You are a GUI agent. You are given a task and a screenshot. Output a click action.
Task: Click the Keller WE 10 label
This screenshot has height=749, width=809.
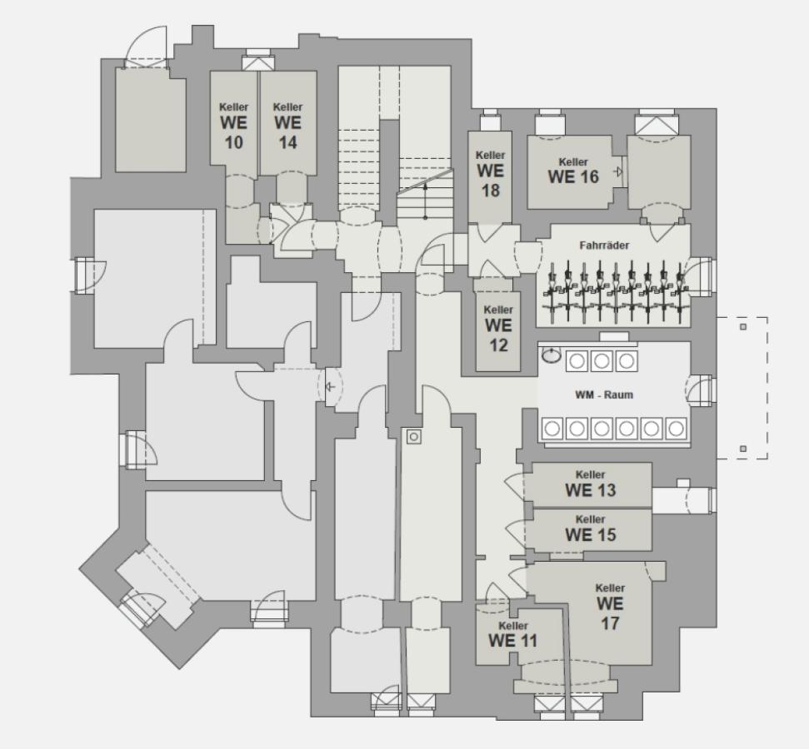(x=234, y=126)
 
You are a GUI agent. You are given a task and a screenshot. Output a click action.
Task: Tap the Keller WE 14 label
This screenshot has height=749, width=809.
(x=288, y=126)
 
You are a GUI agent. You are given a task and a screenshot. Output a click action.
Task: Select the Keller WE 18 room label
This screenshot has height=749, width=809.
(x=491, y=174)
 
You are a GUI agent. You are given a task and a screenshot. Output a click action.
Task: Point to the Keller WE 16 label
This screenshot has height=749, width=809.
(x=573, y=171)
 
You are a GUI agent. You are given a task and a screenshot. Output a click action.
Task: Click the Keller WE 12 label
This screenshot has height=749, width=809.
(x=498, y=329)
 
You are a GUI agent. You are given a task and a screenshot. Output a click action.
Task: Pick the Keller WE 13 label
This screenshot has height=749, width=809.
(x=590, y=484)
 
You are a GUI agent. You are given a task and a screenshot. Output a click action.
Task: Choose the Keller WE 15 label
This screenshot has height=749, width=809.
(x=590, y=529)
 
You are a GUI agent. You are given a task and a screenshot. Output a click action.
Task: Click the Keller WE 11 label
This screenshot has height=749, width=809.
(x=513, y=635)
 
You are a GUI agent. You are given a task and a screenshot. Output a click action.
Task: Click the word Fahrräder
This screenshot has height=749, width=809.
(x=604, y=246)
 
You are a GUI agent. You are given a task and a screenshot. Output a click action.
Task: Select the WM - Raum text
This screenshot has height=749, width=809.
(x=604, y=394)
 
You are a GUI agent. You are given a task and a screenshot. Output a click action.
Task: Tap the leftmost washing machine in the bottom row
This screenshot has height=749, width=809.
(x=552, y=429)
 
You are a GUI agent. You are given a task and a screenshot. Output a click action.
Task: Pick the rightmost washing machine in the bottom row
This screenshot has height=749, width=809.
(x=676, y=429)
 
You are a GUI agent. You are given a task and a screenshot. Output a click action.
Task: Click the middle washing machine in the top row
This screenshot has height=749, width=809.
(x=602, y=361)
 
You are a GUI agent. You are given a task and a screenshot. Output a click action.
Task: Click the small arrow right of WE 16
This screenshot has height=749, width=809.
(x=618, y=171)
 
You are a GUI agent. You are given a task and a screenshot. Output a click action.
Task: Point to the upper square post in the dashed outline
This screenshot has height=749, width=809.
(x=743, y=327)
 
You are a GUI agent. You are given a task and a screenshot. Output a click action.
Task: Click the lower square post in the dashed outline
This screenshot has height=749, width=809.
(x=743, y=449)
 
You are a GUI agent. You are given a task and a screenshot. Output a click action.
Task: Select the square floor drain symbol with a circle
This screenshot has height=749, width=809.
(x=414, y=437)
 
